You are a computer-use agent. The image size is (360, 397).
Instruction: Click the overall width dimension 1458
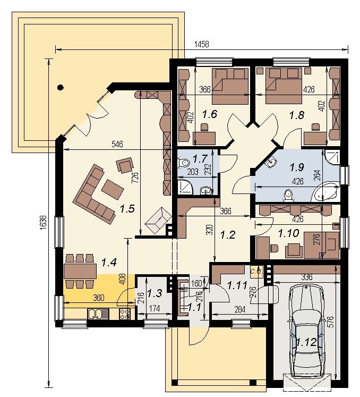[x=202, y=44]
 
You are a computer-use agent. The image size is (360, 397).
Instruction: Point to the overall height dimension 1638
[x=43, y=223]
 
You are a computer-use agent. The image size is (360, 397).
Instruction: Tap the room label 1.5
[x=127, y=209]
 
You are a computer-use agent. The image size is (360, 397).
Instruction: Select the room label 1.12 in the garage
[x=306, y=342]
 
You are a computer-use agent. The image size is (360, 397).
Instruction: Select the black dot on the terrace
[x=60, y=88]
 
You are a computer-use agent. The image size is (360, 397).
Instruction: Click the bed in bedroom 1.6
[x=230, y=86]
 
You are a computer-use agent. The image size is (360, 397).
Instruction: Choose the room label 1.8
[x=296, y=115]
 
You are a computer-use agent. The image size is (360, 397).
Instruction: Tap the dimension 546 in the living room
[x=117, y=144]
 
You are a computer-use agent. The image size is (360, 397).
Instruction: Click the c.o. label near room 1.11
[x=256, y=272]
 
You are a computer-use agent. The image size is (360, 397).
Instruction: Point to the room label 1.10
[x=289, y=233]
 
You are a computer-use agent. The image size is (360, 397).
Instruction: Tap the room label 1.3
[x=155, y=293]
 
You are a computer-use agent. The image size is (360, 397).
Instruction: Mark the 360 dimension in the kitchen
[x=98, y=298]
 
